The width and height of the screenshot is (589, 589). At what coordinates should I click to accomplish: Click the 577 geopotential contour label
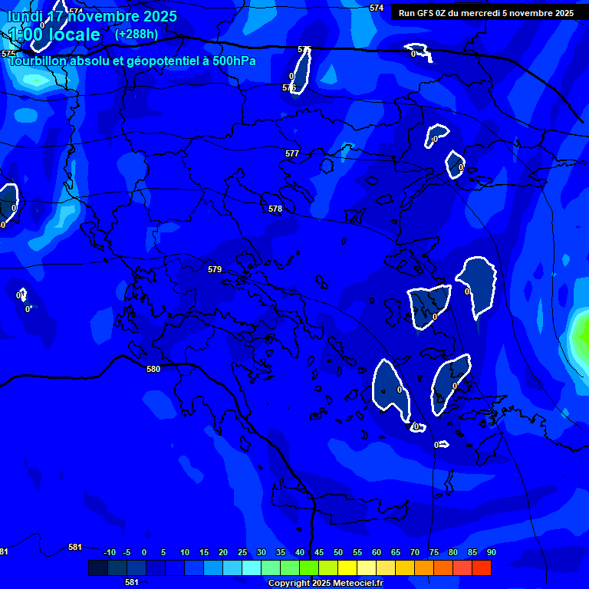(x=291, y=154)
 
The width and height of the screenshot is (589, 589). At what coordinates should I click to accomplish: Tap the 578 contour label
(x=275, y=209)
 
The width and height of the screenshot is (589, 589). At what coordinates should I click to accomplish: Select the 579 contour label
(x=215, y=270)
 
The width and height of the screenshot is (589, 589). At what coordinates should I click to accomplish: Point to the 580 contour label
(x=153, y=370)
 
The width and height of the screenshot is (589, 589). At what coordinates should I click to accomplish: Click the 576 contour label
(x=289, y=88)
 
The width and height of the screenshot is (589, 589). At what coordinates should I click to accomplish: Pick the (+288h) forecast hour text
(x=137, y=35)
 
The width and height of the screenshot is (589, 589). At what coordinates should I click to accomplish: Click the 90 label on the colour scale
(x=491, y=552)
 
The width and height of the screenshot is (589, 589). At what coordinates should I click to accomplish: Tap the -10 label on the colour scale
(x=110, y=552)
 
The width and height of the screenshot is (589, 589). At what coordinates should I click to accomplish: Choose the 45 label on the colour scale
(x=319, y=552)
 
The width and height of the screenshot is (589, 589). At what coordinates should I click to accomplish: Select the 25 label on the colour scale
(x=242, y=552)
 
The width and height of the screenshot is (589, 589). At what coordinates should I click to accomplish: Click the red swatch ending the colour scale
(x=482, y=568)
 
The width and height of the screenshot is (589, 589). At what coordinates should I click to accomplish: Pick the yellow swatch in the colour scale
(x=347, y=568)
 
